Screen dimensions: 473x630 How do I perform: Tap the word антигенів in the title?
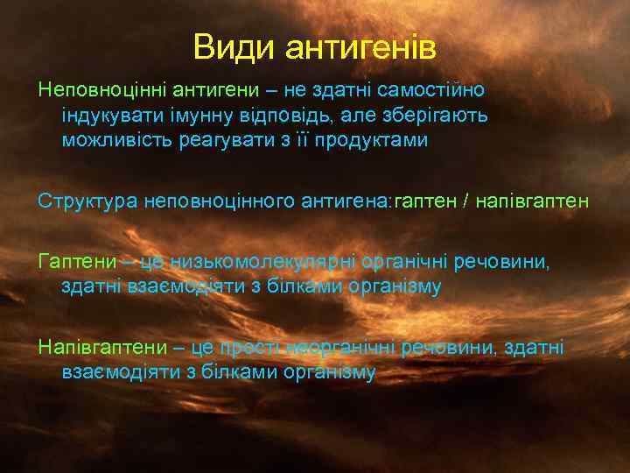[360, 47]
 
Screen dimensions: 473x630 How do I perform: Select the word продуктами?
[377, 141]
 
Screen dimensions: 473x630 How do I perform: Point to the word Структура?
[83, 201]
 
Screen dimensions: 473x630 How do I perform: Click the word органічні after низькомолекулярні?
[395, 261]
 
